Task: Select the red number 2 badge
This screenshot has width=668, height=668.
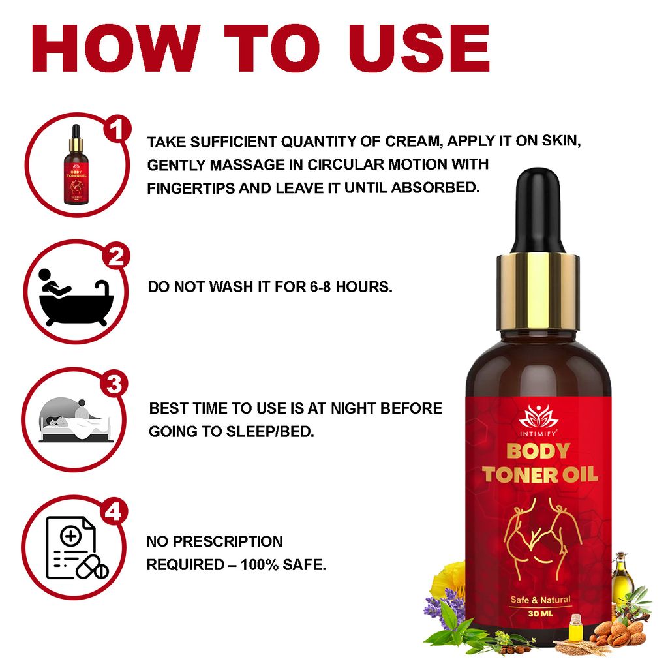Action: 116,257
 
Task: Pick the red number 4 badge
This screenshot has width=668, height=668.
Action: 114,512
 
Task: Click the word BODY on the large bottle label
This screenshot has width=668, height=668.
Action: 538,451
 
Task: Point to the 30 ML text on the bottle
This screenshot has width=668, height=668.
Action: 539,613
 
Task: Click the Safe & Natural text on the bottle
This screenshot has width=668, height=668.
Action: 539,600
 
